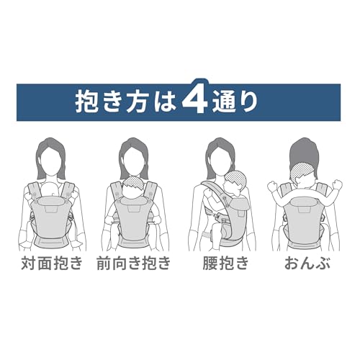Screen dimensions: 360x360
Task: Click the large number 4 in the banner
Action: coord(195,96)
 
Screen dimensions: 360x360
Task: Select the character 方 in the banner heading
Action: coord(139,102)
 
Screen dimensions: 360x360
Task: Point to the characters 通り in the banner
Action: coord(235,102)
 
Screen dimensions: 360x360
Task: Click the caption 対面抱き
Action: coord(52,264)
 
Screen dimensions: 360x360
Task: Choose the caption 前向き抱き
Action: coord(133,264)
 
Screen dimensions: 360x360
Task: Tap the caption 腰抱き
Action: coord(225,264)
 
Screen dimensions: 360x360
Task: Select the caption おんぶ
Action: coord(307,264)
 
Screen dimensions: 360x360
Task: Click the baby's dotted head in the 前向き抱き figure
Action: coord(135,183)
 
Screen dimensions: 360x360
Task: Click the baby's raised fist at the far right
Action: coord(336,184)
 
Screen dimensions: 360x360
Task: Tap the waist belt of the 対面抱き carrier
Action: coord(51,240)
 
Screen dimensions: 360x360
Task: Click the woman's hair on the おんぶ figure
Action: coord(304,151)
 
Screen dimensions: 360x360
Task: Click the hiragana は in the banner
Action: coord(166,102)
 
